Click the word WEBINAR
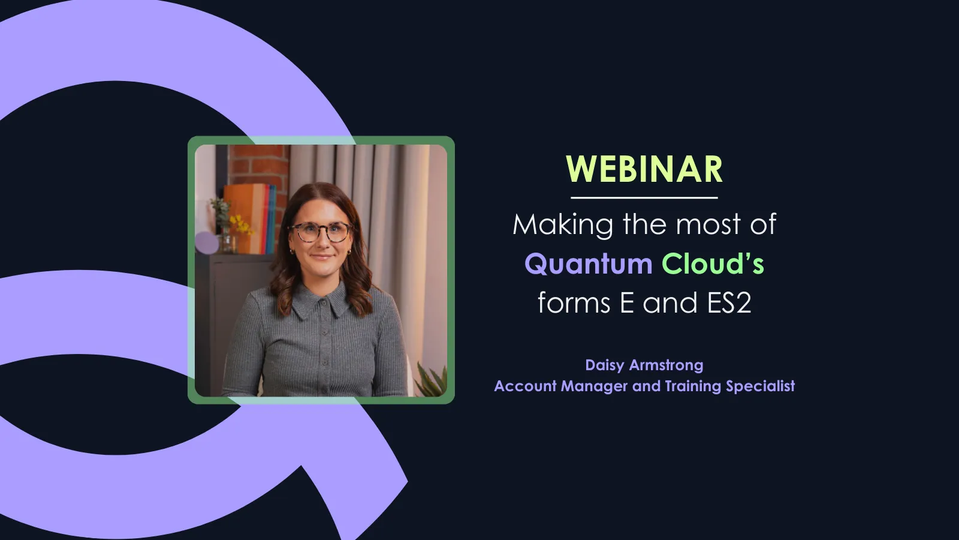(x=644, y=169)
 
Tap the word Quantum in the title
(x=588, y=264)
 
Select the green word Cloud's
(x=713, y=264)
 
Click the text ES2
(x=729, y=303)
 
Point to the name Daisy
(x=605, y=365)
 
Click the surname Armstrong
(x=667, y=365)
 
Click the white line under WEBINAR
(x=644, y=197)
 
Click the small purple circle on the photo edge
(x=206, y=243)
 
